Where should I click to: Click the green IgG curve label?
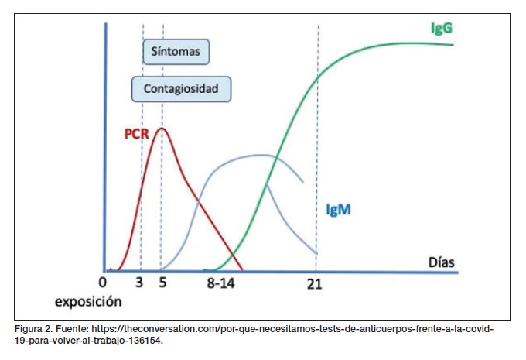point(442,28)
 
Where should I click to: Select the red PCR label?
point(136,133)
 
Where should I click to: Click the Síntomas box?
point(176,53)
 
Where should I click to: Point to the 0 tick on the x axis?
point(103,283)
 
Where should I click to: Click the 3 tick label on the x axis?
point(140,283)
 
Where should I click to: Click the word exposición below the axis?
point(88,300)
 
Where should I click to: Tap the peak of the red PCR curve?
point(161,129)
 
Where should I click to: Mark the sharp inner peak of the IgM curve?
point(266,185)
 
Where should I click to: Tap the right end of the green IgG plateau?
point(453,44)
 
